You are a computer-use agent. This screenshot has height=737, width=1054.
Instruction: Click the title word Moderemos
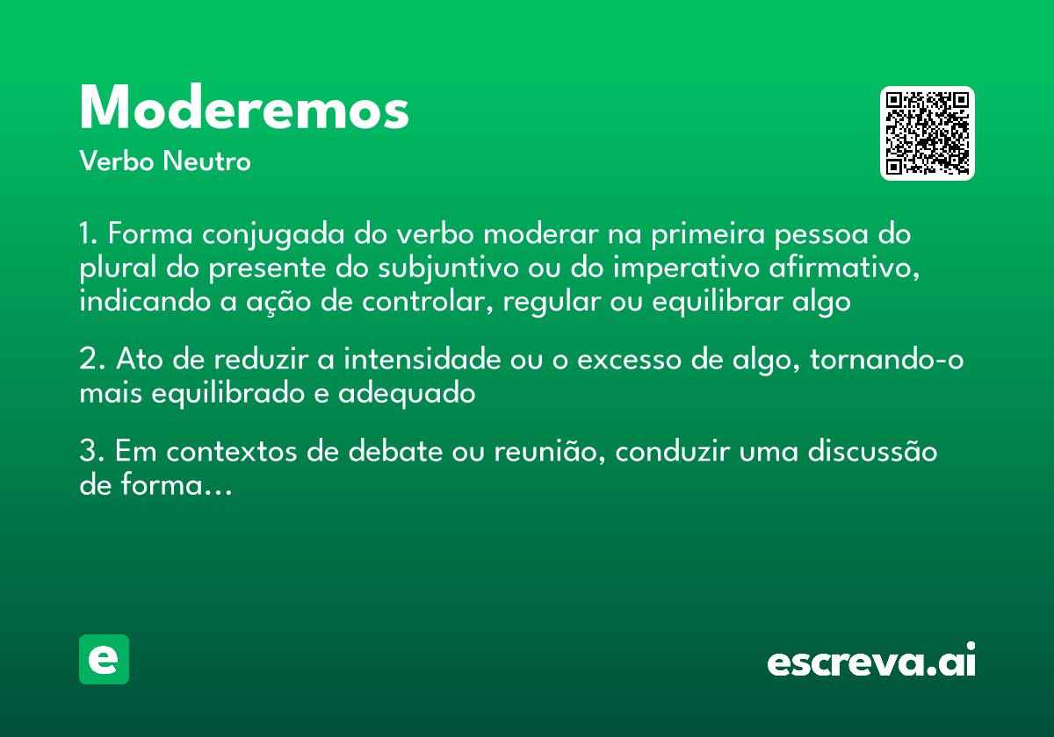(x=244, y=109)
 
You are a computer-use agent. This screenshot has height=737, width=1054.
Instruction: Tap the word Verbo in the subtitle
(x=117, y=161)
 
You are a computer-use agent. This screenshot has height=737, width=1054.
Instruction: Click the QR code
(x=928, y=133)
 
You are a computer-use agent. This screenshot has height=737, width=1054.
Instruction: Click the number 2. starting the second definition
(x=91, y=361)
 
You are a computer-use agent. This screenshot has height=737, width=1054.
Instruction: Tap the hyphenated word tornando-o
(x=887, y=361)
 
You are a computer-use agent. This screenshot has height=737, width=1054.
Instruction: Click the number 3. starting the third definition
(x=91, y=452)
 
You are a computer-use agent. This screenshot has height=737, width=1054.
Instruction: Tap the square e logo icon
(x=104, y=659)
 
